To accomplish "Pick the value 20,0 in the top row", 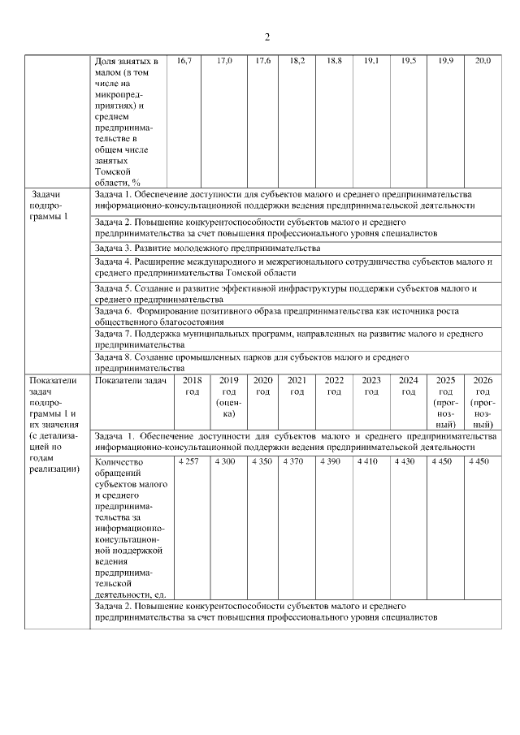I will coord(483,62).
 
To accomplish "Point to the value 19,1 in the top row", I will coord(370,62).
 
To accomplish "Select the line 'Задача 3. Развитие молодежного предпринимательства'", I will coord(207,247).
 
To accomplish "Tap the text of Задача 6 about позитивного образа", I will coord(275,316).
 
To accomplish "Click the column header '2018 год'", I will coord(192,386).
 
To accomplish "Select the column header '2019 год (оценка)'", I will coord(228,397).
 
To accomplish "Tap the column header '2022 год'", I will coord(334,386).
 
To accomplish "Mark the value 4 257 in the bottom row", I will coord(188,461).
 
